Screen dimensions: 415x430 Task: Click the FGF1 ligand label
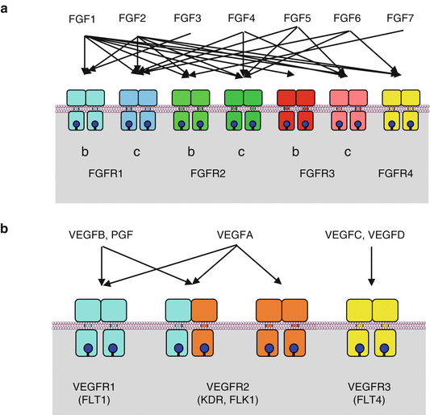[83, 17]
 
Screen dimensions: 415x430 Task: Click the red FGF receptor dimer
[295, 110]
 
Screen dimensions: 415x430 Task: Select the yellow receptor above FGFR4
[401, 110]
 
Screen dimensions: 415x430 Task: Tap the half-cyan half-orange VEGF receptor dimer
[190, 326]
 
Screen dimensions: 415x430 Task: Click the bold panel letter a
[6, 6]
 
